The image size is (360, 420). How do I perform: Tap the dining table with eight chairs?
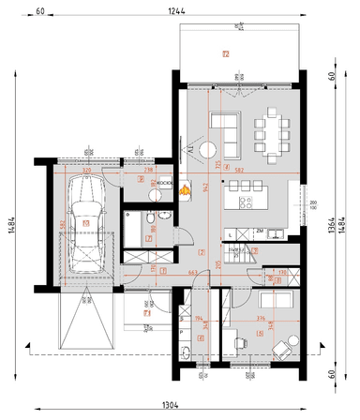tap(272, 131)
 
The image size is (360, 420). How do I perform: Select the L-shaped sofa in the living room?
tap(225, 126)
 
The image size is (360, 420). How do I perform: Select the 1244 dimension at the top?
tap(175, 11)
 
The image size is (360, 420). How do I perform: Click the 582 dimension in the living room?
tap(239, 170)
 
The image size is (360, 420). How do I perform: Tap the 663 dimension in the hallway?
tap(192, 272)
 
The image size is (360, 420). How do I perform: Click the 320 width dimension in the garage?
tap(86, 171)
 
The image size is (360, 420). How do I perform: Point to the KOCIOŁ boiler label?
tap(160, 180)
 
